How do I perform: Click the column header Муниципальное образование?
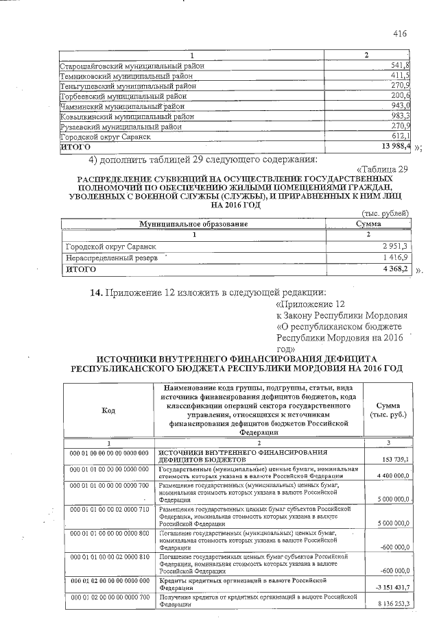(193, 224)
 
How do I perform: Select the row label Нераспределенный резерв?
(111, 258)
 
